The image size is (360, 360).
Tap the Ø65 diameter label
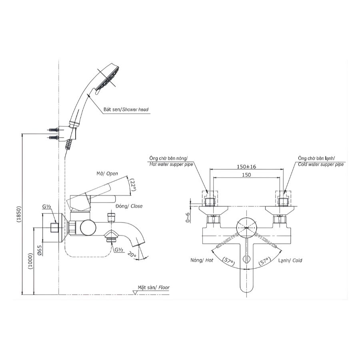click(x=40, y=251)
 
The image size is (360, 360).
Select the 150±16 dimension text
click(x=246, y=166)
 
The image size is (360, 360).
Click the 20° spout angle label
click(x=132, y=254)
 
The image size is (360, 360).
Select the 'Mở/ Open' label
click(x=107, y=174)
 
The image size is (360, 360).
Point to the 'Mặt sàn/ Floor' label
click(x=154, y=287)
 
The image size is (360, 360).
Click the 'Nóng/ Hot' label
click(x=202, y=260)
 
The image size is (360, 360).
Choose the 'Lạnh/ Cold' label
click(x=290, y=260)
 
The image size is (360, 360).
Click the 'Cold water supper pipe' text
click(x=320, y=164)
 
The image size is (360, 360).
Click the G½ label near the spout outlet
click(x=118, y=250)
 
